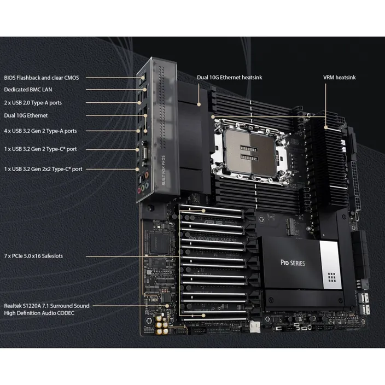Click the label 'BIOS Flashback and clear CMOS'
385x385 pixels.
(42, 78)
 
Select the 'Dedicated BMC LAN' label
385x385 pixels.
(28, 90)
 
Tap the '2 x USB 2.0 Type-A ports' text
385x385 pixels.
(33, 103)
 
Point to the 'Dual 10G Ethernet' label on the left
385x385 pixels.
(26, 115)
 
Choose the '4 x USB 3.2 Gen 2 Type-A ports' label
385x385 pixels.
(40, 131)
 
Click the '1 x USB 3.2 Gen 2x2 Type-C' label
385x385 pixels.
(43, 169)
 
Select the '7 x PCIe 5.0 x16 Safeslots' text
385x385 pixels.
(33, 256)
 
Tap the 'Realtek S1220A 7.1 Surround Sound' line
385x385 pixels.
(46, 306)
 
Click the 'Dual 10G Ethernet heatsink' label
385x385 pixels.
(230, 78)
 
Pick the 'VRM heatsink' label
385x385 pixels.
(339, 78)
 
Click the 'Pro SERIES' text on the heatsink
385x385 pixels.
(293, 263)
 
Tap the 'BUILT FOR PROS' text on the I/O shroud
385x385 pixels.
(164, 170)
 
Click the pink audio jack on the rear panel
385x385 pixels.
(139, 190)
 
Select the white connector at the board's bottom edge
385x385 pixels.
(255, 326)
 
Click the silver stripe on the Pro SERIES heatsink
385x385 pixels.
(331, 265)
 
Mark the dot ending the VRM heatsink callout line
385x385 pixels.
(326, 127)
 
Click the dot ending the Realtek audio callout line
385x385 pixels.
(167, 306)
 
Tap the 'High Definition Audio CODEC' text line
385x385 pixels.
(39, 313)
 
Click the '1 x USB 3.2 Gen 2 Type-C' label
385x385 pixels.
(40, 149)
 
